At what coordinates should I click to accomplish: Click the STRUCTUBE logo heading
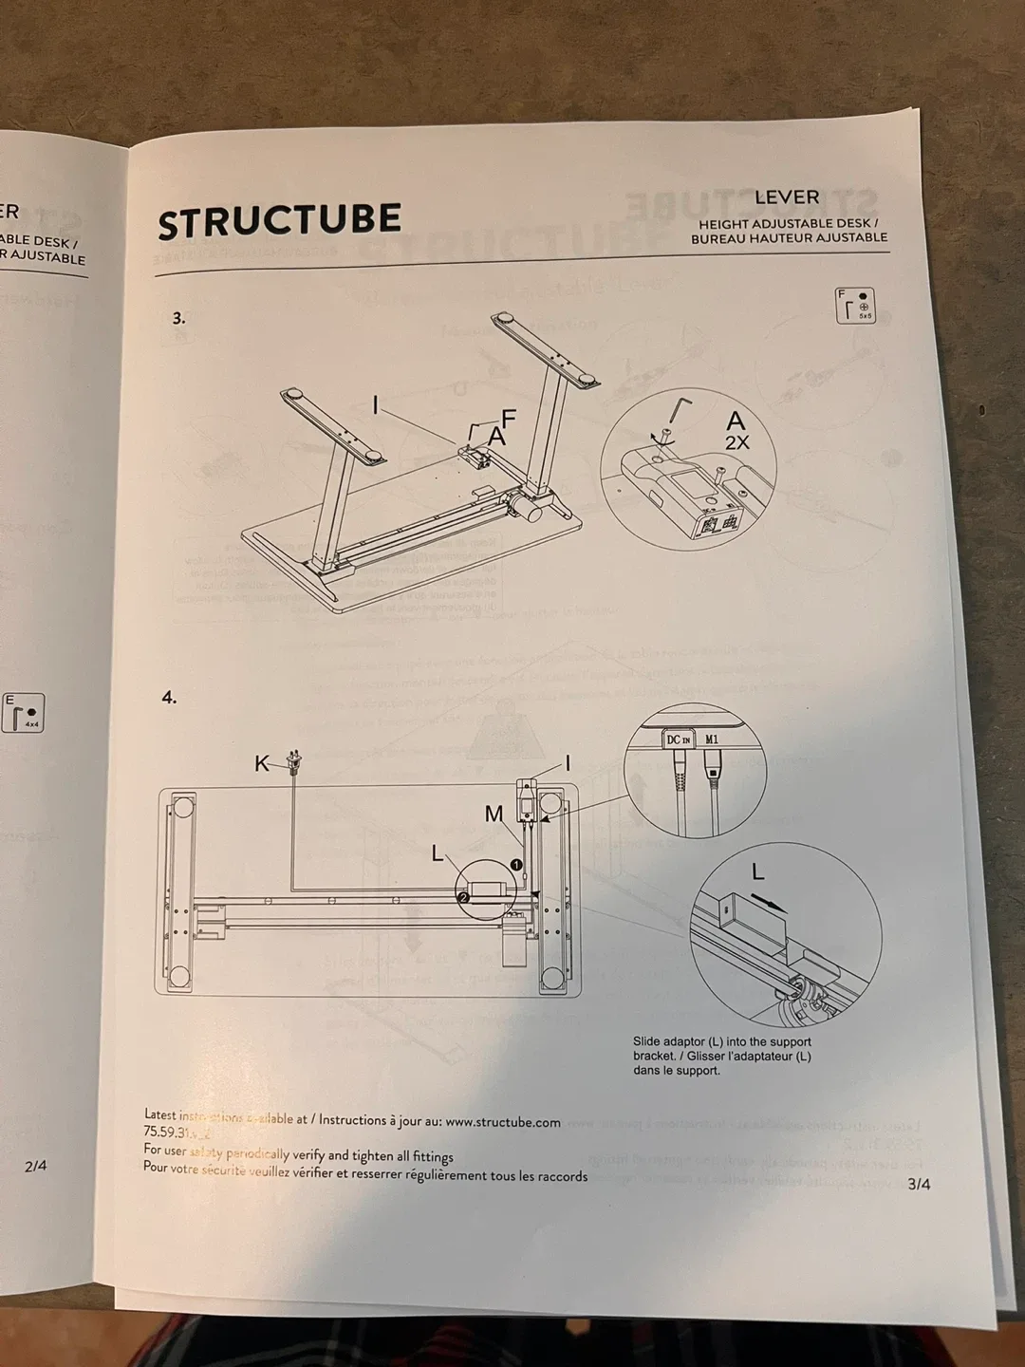click(x=279, y=221)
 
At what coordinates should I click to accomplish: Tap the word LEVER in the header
click(x=787, y=197)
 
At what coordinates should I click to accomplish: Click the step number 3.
click(x=178, y=318)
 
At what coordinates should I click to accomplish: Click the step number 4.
click(x=169, y=698)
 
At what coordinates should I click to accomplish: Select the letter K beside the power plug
click(x=261, y=762)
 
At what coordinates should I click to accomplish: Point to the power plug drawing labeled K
click(x=293, y=761)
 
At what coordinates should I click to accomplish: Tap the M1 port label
click(x=712, y=739)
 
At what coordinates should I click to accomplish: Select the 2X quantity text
click(x=737, y=442)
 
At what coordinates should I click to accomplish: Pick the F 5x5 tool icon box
click(x=855, y=306)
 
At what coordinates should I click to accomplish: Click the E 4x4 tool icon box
click(x=24, y=713)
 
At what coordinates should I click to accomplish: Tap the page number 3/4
click(x=919, y=1184)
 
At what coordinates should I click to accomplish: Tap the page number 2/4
click(x=35, y=1166)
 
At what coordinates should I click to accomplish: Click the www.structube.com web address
click(x=503, y=1122)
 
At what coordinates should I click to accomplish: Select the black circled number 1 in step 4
click(x=516, y=865)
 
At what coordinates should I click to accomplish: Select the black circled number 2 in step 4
click(x=463, y=896)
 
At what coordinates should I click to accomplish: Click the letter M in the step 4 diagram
click(x=494, y=814)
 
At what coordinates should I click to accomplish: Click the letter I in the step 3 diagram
click(x=376, y=406)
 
